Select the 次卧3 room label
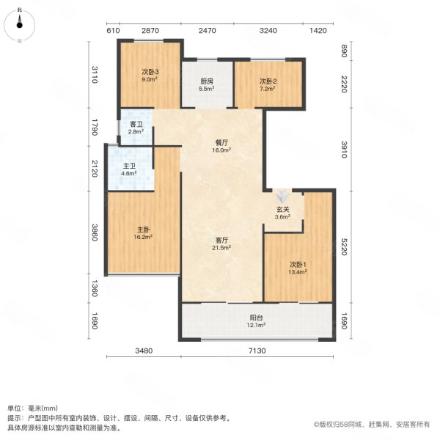[150, 72]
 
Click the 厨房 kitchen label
[208, 81]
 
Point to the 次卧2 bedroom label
[268, 81]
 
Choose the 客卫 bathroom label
[136, 125]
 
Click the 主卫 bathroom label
[128, 166]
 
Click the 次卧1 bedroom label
[297, 264]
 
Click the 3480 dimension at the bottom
[143, 351]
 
